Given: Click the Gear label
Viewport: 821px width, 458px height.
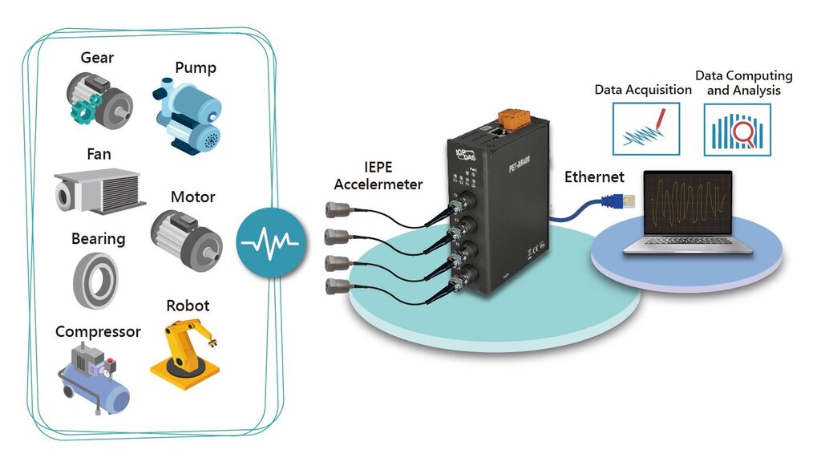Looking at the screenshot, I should coord(97,58).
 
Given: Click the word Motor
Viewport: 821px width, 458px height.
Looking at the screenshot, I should coord(192,197).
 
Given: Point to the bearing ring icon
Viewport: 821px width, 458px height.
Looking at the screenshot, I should coord(95,279).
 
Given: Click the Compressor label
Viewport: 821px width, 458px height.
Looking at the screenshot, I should coord(98,331).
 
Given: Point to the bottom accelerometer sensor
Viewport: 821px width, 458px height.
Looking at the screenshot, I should coord(335,286).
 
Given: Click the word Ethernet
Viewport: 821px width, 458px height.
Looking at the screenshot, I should coord(594,177).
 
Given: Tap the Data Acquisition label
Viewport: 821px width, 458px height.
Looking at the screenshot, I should coord(643,90).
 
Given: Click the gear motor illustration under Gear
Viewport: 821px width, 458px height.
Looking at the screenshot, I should coord(99,101).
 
